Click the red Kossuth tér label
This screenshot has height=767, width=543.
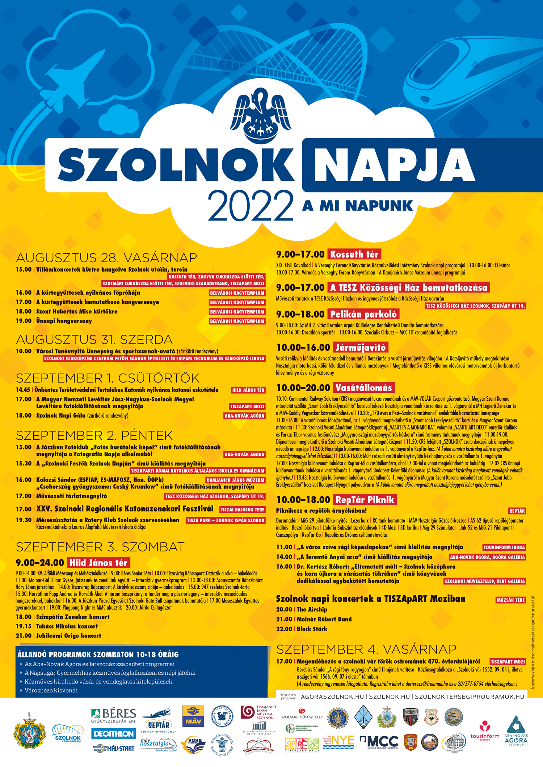tap(354, 254)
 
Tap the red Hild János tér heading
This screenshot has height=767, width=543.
tap(98, 563)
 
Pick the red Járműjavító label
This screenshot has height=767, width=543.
tap(361, 348)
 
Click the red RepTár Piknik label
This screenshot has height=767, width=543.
tap(365, 500)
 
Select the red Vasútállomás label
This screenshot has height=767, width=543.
tap(363, 388)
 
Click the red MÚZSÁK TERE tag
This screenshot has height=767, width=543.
tap(510, 600)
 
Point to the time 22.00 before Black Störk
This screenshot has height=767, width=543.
tap(284, 629)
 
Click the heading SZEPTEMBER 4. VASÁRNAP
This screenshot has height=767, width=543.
tap(366, 649)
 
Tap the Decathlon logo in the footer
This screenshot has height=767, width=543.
tap(114, 734)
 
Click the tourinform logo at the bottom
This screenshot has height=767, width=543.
tap(485, 732)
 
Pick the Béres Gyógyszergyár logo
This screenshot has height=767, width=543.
tap(114, 715)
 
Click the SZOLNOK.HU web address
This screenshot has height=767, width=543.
tap(389, 697)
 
